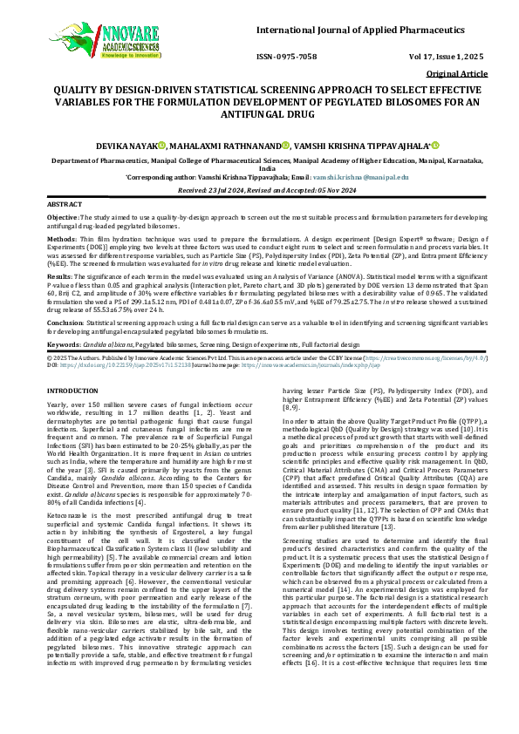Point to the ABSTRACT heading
click(64, 203)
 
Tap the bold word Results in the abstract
click(60, 275)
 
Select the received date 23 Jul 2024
click(228, 189)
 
